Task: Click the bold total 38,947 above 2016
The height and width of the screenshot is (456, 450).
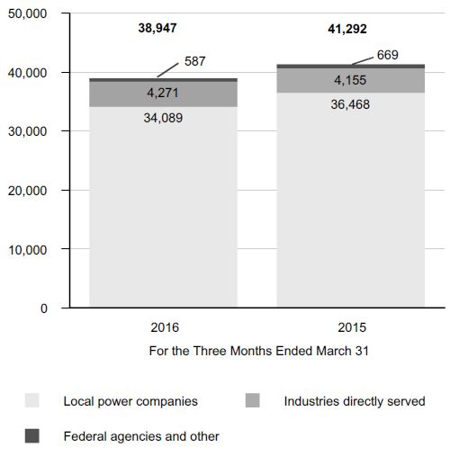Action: (157, 28)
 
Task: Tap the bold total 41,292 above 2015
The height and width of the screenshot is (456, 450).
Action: (347, 29)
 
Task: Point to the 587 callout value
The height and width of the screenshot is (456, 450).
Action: (195, 61)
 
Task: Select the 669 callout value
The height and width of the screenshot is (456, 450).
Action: (388, 55)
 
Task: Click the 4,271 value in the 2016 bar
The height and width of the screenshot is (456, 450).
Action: (163, 93)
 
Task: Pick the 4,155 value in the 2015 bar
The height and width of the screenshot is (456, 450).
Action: (350, 80)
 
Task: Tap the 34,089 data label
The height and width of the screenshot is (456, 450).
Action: (163, 118)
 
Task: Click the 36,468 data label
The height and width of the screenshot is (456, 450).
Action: (350, 104)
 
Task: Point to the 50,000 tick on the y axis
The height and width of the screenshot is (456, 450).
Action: (27, 13)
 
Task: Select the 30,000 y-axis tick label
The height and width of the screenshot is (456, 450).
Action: (27, 131)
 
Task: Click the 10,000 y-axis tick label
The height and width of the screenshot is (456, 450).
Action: (27, 250)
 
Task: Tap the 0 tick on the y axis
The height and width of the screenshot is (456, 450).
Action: (44, 308)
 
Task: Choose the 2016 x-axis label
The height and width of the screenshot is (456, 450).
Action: (165, 327)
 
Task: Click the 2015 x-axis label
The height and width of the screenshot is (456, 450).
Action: (352, 327)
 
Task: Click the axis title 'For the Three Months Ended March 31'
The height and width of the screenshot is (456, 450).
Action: (258, 351)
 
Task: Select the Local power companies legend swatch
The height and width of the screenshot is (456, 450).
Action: (32, 400)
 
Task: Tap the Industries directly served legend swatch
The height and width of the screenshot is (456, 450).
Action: (252, 400)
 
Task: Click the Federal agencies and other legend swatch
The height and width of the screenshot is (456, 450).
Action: (32, 435)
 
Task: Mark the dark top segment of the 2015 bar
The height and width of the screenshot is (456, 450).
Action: (350, 67)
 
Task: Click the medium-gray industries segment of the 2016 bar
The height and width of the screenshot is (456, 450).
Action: (164, 94)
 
